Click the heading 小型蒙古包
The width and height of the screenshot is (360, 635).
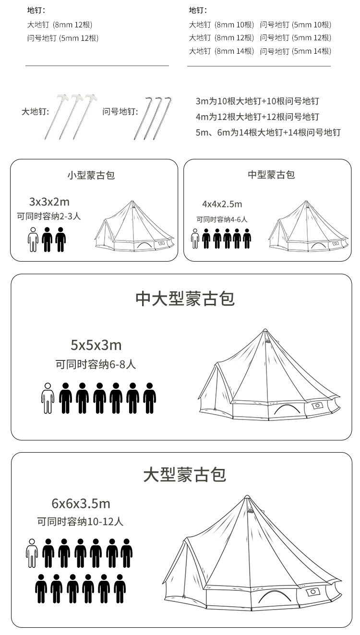91,175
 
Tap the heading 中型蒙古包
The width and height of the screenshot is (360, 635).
271,175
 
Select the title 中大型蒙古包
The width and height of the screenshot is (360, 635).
185,299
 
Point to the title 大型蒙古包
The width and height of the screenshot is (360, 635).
185,475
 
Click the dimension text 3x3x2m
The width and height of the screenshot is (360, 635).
49,202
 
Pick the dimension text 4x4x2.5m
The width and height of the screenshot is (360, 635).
222,204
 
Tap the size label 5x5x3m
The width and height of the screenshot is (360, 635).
96,345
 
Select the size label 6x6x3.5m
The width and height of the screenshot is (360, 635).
81,503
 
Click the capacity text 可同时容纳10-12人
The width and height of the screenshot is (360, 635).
80,522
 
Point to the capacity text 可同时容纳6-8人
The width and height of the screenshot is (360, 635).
96,365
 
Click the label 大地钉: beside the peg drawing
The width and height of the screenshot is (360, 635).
35,112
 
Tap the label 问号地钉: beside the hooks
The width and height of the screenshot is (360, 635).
120,112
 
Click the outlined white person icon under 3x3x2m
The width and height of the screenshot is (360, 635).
33,240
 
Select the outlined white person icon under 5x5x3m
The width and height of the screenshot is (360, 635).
48,398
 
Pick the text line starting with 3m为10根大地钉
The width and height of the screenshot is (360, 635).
257,101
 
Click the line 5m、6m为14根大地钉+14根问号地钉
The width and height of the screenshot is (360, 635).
268,132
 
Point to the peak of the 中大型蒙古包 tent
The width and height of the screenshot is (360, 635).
265,330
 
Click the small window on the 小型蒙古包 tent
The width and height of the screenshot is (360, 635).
161,243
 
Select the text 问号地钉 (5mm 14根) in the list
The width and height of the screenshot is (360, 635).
296,51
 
